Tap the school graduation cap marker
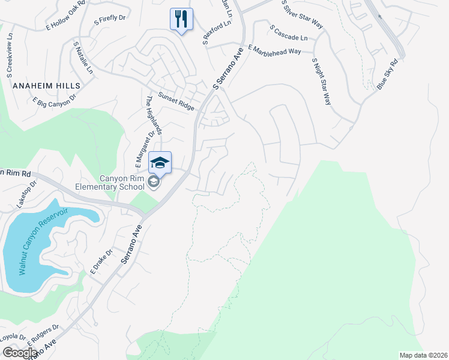tap(160, 163)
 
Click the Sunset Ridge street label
tap(176, 101)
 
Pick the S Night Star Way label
tap(321, 82)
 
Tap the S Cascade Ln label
tap(288, 33)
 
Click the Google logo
tap(19, 353)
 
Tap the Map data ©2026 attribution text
tap(424, 355)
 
